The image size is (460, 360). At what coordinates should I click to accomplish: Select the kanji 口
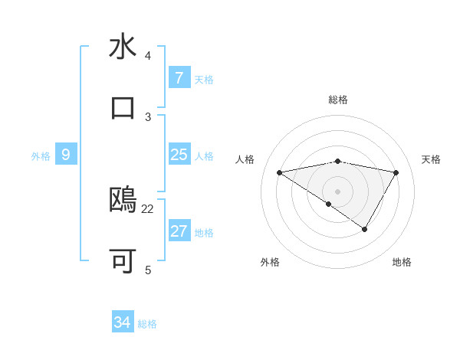coord(123,106)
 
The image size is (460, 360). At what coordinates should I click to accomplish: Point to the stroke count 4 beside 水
coord(148,56)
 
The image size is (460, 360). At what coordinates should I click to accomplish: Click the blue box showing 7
coord(179,77)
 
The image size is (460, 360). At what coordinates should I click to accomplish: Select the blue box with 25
coord(179,155)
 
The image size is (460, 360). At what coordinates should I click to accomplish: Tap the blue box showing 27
coord(179,231)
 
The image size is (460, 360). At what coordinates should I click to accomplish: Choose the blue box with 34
coord(122,322)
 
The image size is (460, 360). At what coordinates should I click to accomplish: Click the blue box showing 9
coord(66,155)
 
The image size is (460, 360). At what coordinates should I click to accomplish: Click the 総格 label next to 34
coord(148,324)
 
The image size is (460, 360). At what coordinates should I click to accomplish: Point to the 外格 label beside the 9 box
coord(41,156)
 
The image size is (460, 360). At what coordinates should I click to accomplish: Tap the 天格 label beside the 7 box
coord(204,79)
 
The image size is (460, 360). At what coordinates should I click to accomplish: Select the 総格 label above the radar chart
coord(338,100)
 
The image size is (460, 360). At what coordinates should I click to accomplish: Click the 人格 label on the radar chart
coord(245,159)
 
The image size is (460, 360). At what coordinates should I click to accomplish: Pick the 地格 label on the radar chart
coord(402,262)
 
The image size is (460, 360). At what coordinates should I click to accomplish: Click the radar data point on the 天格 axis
coord(396,172)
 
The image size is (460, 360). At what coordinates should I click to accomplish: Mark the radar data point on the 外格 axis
coord(329,204)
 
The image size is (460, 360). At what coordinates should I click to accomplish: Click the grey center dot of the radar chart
coord(338,191)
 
